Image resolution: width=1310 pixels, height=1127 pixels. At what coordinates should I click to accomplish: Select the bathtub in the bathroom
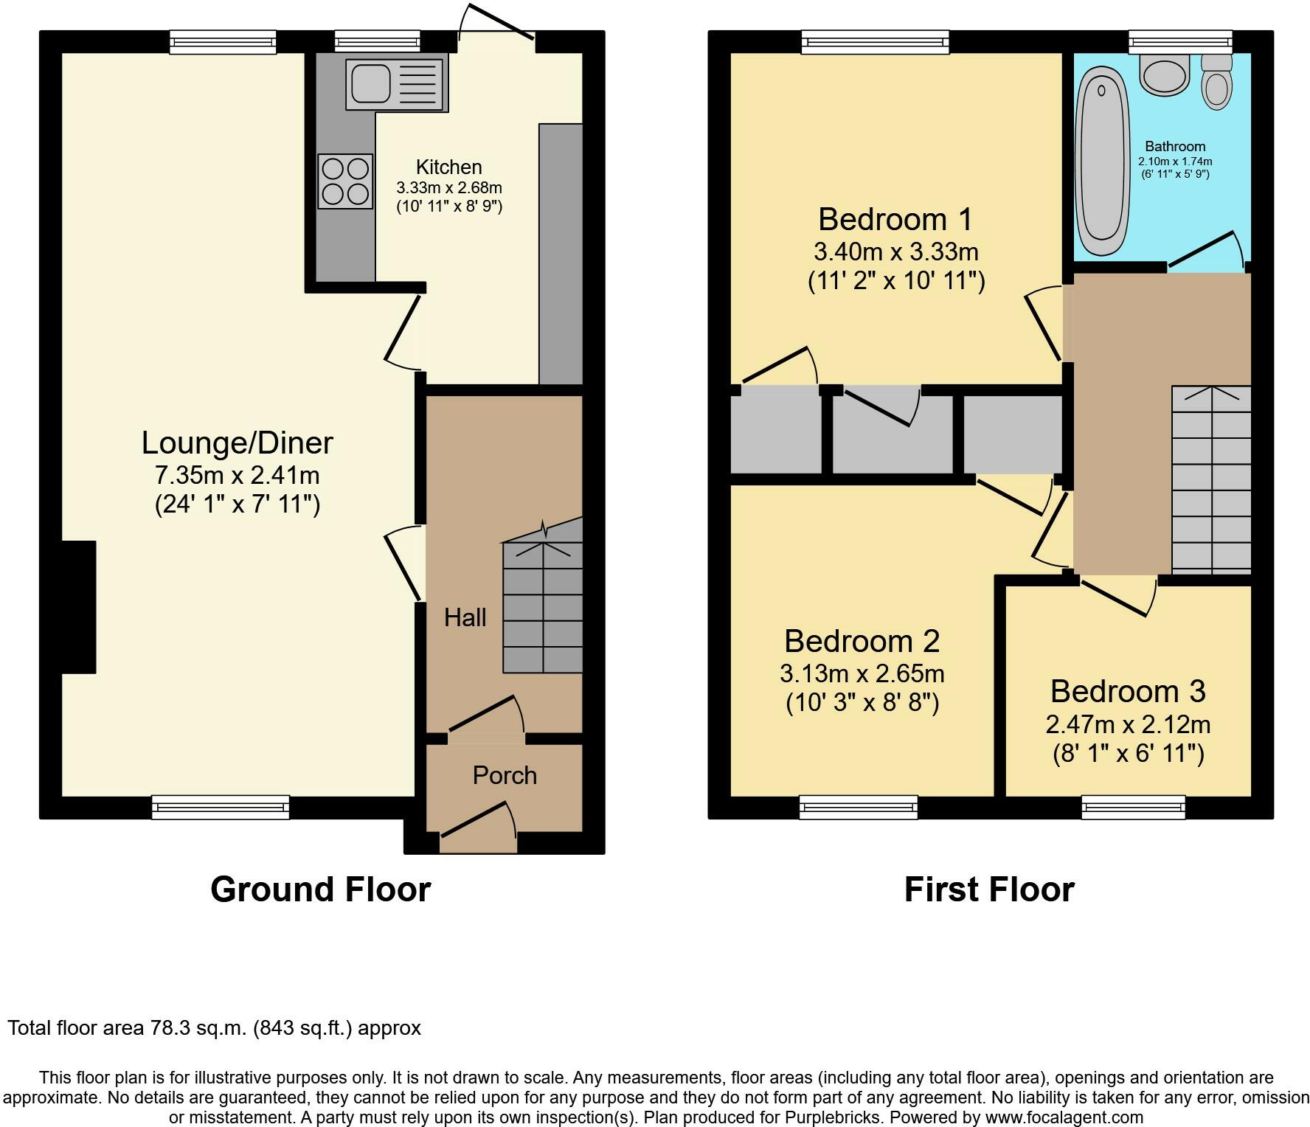(1103, 162)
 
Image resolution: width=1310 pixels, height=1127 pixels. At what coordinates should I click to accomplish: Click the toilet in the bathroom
(1216, 82)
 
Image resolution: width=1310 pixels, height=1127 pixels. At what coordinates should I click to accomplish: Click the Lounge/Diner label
(238, 443)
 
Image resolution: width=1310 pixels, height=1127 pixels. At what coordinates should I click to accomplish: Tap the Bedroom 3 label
(1128, 691)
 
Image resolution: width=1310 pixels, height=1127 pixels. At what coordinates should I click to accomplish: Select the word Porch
(505, 775)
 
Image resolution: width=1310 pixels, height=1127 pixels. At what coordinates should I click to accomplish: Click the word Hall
(465, 617)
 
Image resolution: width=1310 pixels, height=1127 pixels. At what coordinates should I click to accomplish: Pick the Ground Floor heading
(321, 890)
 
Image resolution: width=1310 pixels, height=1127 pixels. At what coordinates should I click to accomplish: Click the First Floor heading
(989, 890)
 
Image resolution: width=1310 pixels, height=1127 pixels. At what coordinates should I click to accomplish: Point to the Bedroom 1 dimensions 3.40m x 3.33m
(896, 252)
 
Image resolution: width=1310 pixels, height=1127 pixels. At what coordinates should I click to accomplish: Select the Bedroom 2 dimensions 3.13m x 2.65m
(862, 673)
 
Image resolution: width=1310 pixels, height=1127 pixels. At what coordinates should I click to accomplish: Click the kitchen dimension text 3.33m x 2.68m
(449, 188)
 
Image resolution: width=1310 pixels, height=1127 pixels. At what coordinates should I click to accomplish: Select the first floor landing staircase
(1212, 480)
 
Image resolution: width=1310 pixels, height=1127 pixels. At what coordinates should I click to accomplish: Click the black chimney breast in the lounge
(79, 607)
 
